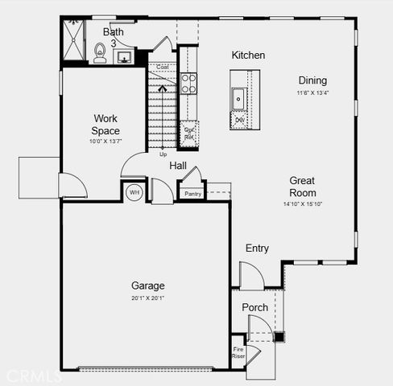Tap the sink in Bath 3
[x=126, y=57]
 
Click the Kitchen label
[x=248, y=55]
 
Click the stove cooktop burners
[x=188, y=83]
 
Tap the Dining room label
[x=312, y=80]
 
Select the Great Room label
[x=303, y=187]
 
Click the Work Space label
[x=105, y=125]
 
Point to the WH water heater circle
[x=134, y=193]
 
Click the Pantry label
[x=192, y=194]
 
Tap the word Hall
[x=178, y=166]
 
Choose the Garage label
[x=148, y=285]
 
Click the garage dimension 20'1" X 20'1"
[x=148, y=298]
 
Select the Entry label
[x=257, y=248]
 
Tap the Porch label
[x=255, y=308]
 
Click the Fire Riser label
[x=238, y=352]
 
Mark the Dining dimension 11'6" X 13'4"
[x=312, y=92]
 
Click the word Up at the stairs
[x=163, y=154]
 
